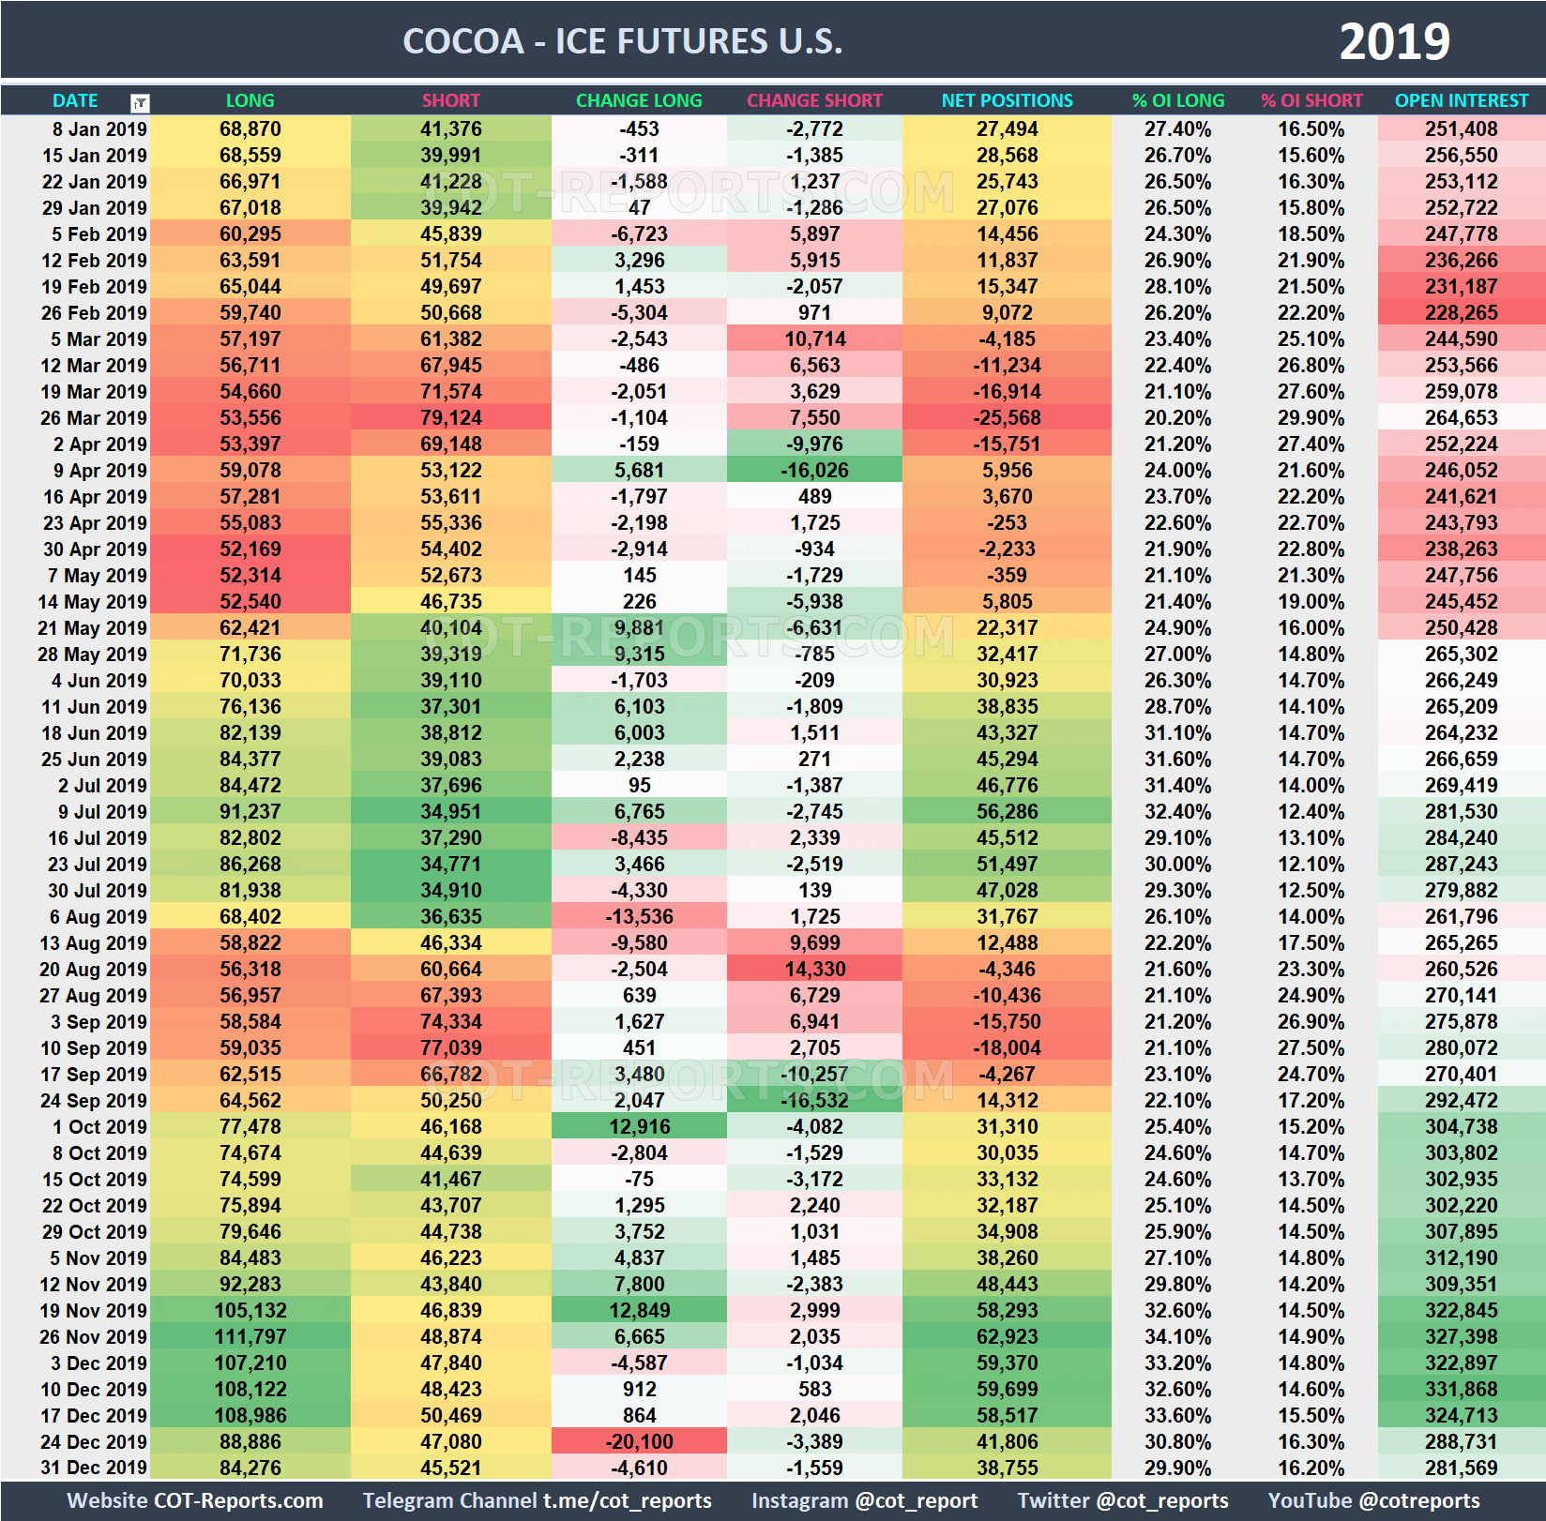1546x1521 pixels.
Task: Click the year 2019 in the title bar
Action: point(1394,41)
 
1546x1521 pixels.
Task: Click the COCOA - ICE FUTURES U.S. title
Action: point(622,41)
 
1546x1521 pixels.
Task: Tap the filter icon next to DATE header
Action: point(140,102)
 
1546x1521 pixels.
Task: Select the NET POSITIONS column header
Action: point(1007,100)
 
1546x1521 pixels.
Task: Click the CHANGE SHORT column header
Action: point(814,100)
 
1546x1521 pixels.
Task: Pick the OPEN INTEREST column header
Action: point(1461,100)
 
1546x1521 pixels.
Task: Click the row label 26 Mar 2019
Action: point(94,417)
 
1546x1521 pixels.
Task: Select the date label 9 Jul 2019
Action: point(102,811)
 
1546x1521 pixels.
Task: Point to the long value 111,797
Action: point(250,1336)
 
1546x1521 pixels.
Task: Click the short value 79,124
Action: point(450,417)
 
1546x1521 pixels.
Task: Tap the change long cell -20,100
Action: point(639,1441)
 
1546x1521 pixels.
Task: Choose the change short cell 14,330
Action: point(814,969)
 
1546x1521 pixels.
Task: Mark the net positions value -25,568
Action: point(1007,417)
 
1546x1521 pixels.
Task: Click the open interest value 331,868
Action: point(1461,1389)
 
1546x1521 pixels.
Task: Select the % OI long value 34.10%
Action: point(1177,1336)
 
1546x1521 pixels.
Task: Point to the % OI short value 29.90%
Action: point(1311,417)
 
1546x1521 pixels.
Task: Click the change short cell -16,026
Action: point(814,470)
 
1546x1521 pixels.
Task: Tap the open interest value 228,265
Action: point(1461,312)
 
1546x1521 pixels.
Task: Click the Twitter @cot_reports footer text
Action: point(1122,1500)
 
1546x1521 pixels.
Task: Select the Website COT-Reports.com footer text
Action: point(195,1500)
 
